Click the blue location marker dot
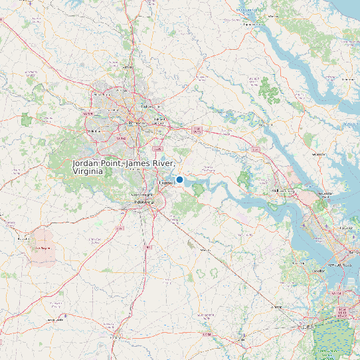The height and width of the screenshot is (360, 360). tap(179, 179)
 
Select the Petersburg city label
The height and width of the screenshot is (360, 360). tap(144, 201)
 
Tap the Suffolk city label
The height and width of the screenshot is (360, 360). tap(307, 327)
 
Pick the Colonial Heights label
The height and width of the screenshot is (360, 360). tap(147, 193)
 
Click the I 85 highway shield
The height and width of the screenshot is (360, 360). tap(120, 228)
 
